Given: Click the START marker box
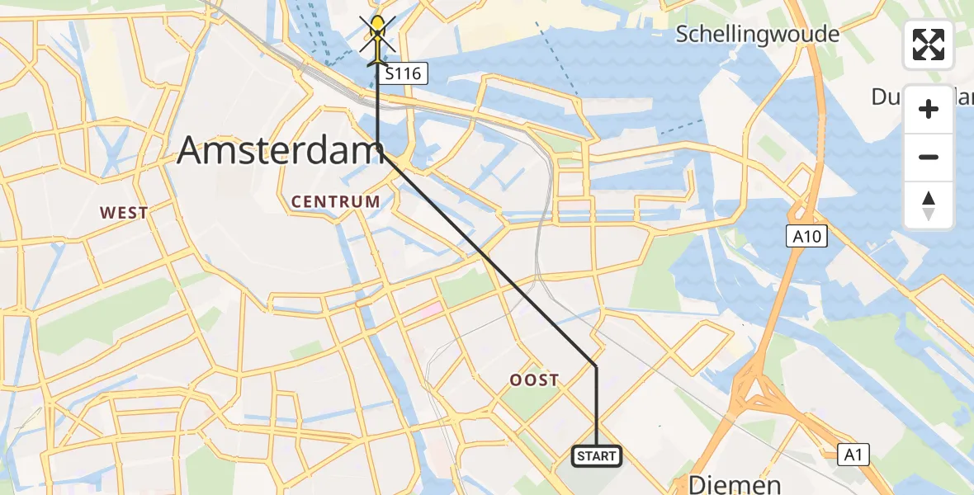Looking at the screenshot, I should pos(596,455).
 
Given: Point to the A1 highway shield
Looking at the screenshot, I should pos(853,453).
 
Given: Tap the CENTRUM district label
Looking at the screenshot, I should pos(336,201).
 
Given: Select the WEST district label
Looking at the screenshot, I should pos(124,213).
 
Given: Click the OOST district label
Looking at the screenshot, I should pos(534,380).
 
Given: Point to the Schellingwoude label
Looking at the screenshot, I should pos(757,35).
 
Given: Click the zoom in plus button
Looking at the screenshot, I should pos(929,109).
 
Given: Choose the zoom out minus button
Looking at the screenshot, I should pos(929,157).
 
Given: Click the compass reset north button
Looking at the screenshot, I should pos(929,205).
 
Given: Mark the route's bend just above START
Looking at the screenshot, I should pos(596,365).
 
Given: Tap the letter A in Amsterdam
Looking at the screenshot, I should pos(191,151).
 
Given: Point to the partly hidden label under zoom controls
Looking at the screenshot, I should pos(887,97).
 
